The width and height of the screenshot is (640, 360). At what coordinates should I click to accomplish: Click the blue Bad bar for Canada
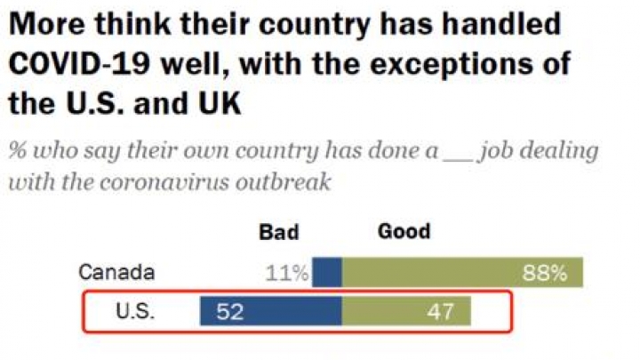pyautogui.click(x=328, y=272)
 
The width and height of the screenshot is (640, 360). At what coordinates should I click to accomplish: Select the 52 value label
pyautogui.click(x=230, y=312)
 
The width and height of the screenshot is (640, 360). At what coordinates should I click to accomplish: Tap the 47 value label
pyautogui.click(x=436, y=312)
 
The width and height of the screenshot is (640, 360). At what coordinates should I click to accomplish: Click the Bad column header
pyautogui.click(x=279, y=233)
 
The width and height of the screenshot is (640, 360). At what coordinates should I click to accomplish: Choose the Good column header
pyautogui.click(x=404, y=232)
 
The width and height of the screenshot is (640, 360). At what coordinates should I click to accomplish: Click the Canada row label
pyautogui.click(x=116, y=272)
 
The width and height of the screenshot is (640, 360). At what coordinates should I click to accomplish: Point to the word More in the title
pyautogui.click(x=44, y=24)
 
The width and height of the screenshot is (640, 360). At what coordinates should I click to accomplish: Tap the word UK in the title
pyautogui.click(x=216, y=104)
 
